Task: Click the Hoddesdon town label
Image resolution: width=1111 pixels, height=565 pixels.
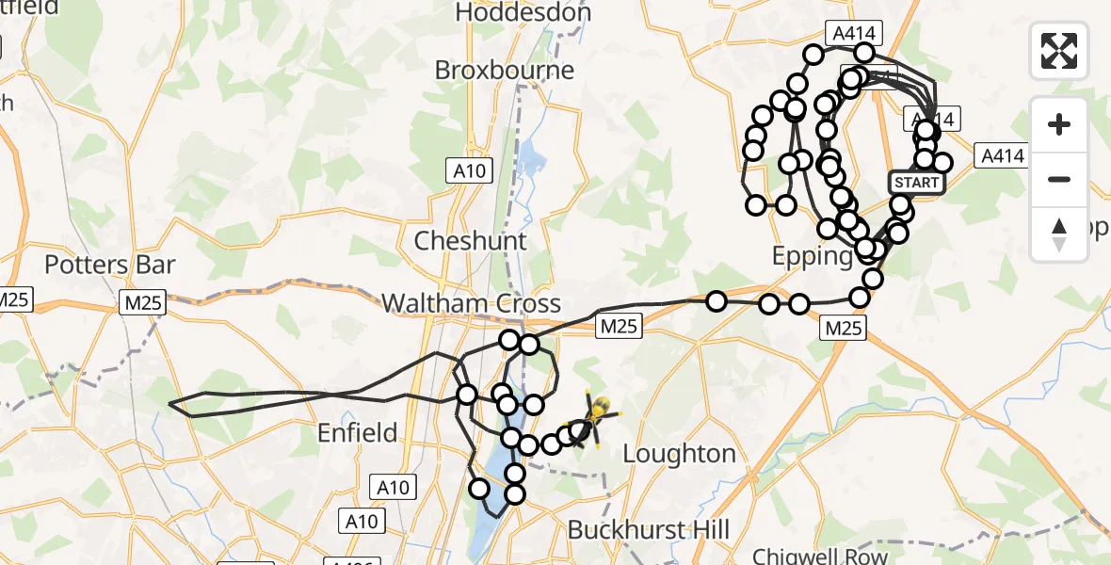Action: point(523,12)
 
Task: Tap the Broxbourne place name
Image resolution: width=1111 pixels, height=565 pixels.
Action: point(505,71)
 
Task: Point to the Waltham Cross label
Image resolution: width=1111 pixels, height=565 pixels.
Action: point(471,303)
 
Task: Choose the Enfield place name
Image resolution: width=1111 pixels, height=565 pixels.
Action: point(357,433)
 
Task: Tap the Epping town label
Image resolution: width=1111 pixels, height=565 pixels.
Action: point(812,256)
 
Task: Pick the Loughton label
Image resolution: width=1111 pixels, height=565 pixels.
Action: point(679,454)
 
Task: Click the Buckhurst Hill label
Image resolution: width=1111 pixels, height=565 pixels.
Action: point(649,529)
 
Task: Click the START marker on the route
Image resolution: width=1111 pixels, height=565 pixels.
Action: point(917,182)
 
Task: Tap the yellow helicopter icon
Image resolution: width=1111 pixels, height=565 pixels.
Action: point(596,414)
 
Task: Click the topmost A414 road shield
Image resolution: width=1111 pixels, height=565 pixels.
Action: point(854,34)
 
